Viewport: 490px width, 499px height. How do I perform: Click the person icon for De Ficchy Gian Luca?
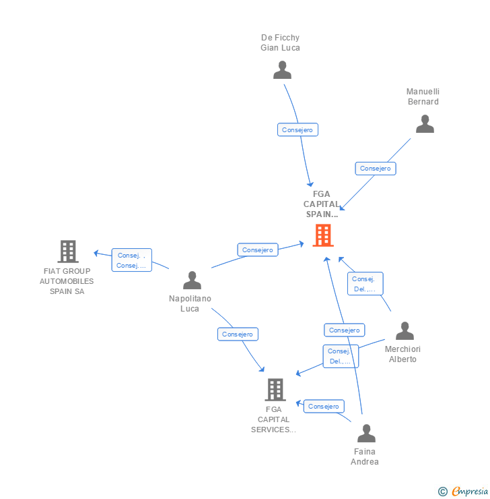(x=282, y=70)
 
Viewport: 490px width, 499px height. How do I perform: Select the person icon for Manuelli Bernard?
(x=425, y=124)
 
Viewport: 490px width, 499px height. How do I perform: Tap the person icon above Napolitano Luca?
(x=192, y=281)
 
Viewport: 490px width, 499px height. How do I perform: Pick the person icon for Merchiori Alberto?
(x=405, y=331)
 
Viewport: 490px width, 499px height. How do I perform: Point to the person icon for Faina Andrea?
(x=366, y=434)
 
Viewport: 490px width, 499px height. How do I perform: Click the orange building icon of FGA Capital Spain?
(x=323, y=235)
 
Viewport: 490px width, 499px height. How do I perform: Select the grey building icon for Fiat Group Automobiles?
(x=68, y=252)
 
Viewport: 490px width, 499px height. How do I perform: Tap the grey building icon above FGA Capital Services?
(x=275, y=390)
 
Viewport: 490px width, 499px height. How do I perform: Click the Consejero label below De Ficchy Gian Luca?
(x=297, y=129)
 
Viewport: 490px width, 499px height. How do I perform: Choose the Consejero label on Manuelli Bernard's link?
(x=375, y=169)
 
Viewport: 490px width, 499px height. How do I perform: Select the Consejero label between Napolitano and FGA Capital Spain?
(x=257, y=249)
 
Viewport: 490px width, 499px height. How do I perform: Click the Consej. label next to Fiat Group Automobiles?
(x=131, y=260)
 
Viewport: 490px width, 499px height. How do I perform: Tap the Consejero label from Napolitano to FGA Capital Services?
(x=238, y=334)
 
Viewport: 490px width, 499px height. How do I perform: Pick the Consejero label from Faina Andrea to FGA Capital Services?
(x=324, y=406)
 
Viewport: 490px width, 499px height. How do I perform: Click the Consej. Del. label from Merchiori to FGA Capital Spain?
(x=365, y=284)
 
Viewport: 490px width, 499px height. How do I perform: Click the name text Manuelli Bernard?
(x=423, y=96)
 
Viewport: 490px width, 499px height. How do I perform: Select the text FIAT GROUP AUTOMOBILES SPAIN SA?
(x=67, y=281)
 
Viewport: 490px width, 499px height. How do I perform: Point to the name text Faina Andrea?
(x=365, y=457)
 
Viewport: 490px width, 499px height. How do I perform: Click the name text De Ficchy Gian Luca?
(x=280, y=42)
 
